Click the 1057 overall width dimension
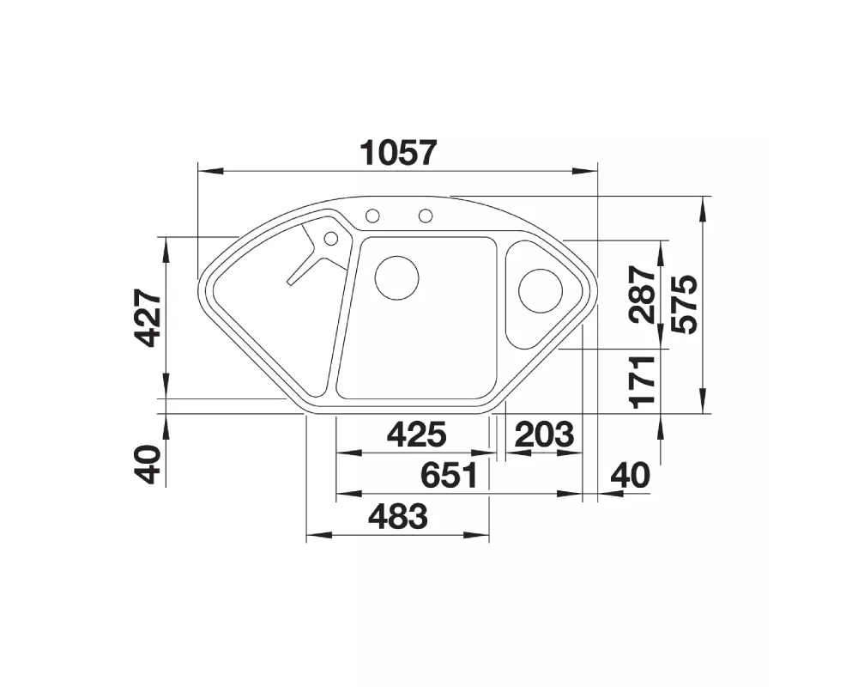(399, 153)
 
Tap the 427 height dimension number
(149, 319)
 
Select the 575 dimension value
(685, 304)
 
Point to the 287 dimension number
(643, 295)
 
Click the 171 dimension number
(643, 382)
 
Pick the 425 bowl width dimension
(417, 435)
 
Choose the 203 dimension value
(545, 435)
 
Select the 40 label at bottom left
(149, 464)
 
